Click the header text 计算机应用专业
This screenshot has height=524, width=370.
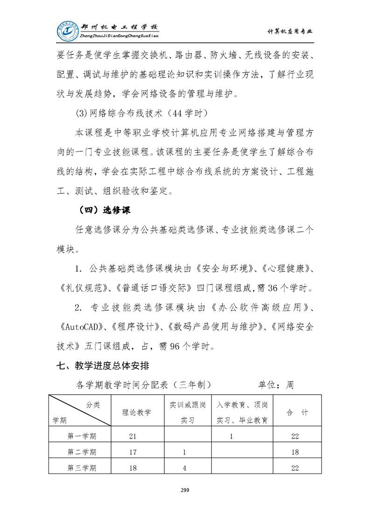290,31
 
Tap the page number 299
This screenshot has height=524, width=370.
185,490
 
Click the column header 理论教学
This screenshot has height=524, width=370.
136,412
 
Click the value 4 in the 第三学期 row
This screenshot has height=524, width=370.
185,467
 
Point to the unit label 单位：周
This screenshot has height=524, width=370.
276,385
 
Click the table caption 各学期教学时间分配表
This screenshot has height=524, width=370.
140,385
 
